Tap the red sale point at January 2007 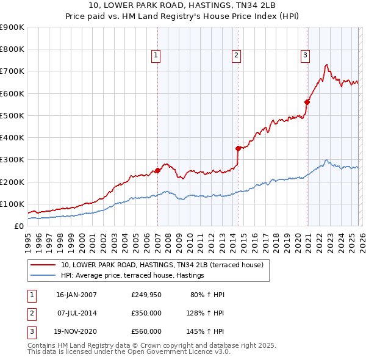(157, 170)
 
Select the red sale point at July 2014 (238, 148)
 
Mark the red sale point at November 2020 (307, 102)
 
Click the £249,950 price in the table (146, 295)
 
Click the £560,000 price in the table (146, 332)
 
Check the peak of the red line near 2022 (327, 65)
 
